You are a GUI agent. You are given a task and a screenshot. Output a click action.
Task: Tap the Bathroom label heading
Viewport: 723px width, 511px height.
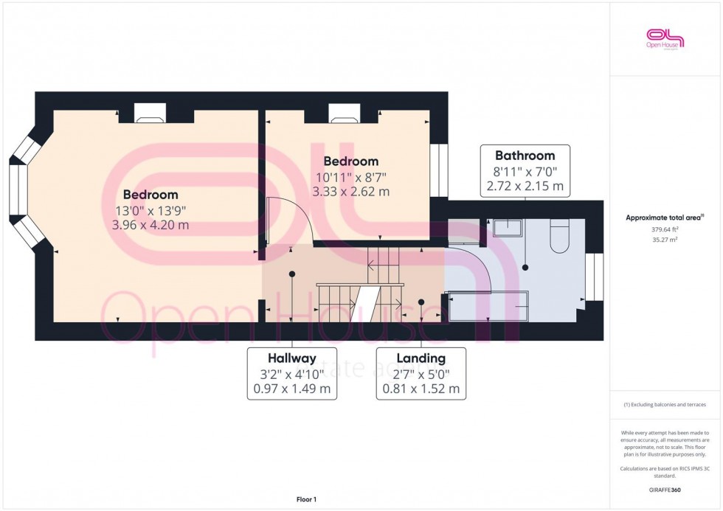[x=525, y=156]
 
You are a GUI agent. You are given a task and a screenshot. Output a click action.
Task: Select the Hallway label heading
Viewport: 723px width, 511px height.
[x=292, y=358]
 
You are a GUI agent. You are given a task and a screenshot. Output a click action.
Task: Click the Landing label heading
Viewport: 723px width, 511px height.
[x=421, y=358]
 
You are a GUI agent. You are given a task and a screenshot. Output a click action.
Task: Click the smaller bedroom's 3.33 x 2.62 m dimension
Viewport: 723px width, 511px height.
[x=350, y=192]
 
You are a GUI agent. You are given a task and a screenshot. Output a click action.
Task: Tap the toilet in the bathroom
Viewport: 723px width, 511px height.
[x=560, y=237]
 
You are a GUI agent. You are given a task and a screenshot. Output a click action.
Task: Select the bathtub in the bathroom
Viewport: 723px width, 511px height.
[x=488, y=306]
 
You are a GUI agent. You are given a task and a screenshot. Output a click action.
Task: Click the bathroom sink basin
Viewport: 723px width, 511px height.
[x=507, y=227]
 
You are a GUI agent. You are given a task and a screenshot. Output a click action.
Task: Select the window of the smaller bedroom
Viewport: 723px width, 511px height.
[x=439, y=170]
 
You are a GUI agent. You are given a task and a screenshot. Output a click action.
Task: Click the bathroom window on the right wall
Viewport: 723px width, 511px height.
[x=595, y=277]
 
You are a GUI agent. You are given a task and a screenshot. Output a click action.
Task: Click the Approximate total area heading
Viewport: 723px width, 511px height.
[x=663, y=218]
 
